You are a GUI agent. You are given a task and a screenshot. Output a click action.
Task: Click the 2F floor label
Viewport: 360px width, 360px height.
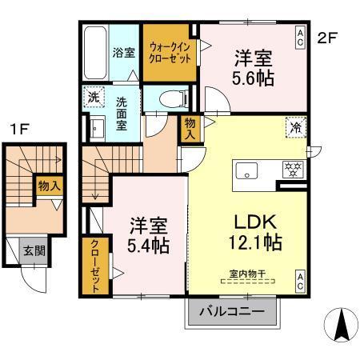point(327,37)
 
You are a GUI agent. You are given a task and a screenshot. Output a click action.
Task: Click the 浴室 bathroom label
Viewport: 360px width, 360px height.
point(124,52)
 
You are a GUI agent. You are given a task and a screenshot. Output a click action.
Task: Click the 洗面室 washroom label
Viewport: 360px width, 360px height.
point(122,114)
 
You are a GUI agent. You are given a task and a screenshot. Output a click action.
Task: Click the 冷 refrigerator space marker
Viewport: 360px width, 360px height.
point(295,126)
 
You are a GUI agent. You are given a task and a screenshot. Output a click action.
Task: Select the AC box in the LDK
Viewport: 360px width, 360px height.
point(300,279)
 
